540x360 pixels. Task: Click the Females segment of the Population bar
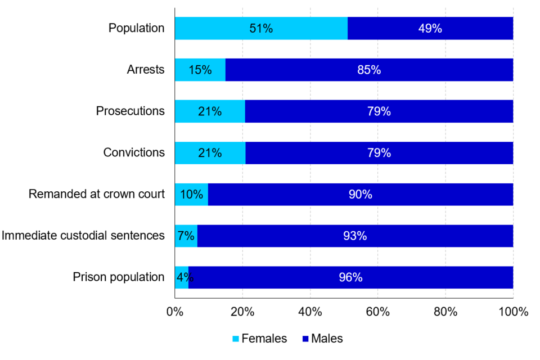point(225,29)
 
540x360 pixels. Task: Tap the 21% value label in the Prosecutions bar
point(209,111)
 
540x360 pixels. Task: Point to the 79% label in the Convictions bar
point(379,153)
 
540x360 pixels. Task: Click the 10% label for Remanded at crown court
point(191,195)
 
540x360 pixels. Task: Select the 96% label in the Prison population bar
point(350,277)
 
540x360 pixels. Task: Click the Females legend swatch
point(236,339)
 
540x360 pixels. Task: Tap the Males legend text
point(327,339)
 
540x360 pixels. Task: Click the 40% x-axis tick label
point(310,312)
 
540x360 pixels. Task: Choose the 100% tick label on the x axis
point(512,312)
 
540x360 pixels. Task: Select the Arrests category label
point(146,70)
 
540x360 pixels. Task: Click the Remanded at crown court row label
point(97,195)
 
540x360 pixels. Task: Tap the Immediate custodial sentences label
point(83,236)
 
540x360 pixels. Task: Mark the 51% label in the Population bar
point(261,29)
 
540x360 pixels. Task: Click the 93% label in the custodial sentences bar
point(355,236)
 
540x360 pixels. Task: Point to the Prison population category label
point(119,277)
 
